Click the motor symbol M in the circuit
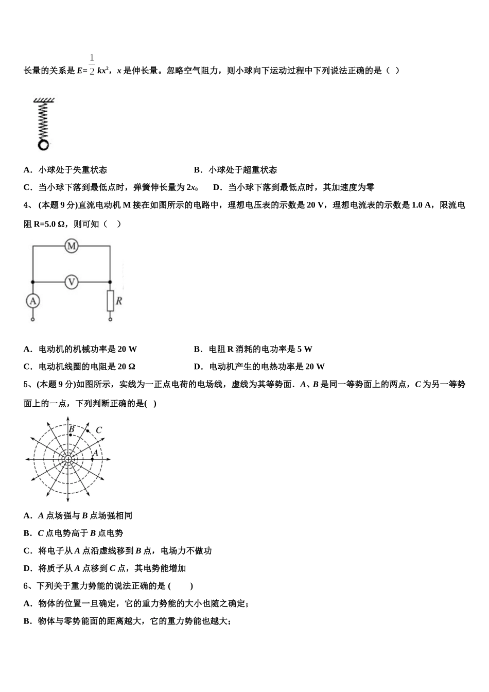pyautogui.click(x=72, y=247)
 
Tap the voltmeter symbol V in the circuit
pyautogui.click(x=72, y=282)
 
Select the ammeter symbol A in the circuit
pyautogui.click(x=33, y=301)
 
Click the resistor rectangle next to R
pyautogui.click(x=110, y=301)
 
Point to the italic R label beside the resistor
pyautogui.click(x=119, y=301)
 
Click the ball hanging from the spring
pyautogui.click(x=44, y=145)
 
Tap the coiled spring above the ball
pyautogui.click(x=43, y=122)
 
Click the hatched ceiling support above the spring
pyautogui.click(x=44, y=100)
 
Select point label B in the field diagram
pyautogui.click(x=72, y=429)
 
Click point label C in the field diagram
pyautogui.click(x=99, y=430)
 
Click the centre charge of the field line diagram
pyautogui.click(x=68, y=459)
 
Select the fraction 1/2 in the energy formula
pyautogui.click(x=92, y=64)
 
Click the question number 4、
pyautogui.click(x=28, y=205)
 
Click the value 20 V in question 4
pyautogui.click(x=316, y=205)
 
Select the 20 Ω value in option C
pyautogui.click(x=126, y=367)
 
